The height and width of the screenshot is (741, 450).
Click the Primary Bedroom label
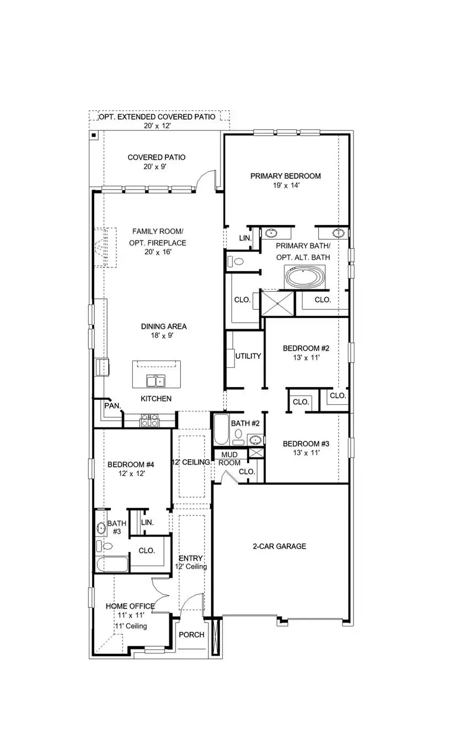coord(285,176)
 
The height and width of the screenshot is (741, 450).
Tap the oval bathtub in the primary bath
coord(305,277)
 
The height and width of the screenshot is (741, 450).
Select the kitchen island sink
coord(156,380)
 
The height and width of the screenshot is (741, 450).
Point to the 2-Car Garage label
coord(279,546)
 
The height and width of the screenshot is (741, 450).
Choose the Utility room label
coord(248,356)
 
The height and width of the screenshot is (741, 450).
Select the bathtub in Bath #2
coord(221,430)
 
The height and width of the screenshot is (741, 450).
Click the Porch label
coord(191,635)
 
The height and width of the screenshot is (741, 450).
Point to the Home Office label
coord(130,606)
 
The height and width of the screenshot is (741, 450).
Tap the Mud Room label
coord(230,459)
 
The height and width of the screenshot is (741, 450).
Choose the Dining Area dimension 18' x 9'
coord(157,335)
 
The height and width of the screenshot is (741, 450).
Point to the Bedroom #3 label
coord(306,443)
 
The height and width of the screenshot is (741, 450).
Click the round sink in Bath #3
coord(101,528)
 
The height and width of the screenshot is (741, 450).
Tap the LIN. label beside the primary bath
coord(245,238)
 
